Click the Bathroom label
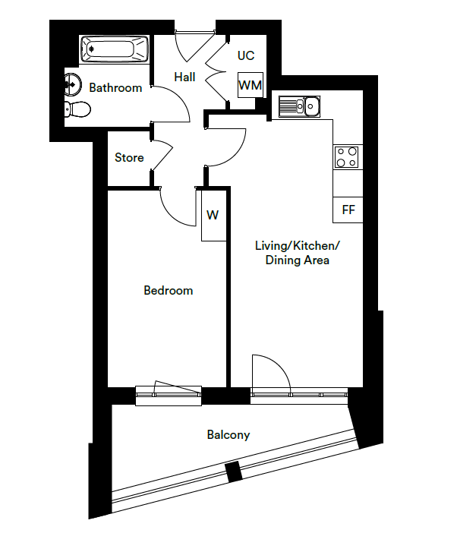115,88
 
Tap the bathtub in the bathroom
114,51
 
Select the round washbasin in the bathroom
74,82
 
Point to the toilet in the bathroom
77,109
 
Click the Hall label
184,77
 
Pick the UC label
246,55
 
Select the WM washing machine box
250,86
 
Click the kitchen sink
302,106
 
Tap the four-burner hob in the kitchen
348,156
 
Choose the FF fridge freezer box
348,210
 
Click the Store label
129,158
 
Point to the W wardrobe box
213,216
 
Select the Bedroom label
169,290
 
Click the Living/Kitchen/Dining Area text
297,253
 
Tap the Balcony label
228,435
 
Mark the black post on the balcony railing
234,472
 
